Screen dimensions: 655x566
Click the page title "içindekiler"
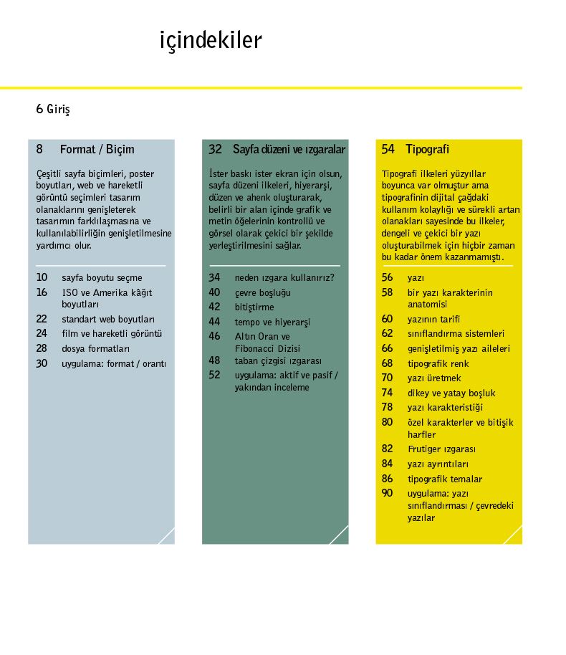pyautogui.click(x=211, y=41)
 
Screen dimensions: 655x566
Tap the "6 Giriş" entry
pyautogui.click(x=53, y=110)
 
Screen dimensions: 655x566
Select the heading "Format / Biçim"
pyautogui.click(x=97, y=150)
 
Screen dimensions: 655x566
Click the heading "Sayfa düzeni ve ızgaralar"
pyautogui.click(x=289, y=150)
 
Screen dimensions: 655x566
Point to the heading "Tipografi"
pyautogui.click(x=427, y=150)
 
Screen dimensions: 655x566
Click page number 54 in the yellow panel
pyautogui.click(x=388, y=150)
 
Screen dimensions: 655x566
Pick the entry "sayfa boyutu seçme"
pyautogui.click(x=102, y=277)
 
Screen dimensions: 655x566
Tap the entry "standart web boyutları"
pyautogui.click(x=108, y=319)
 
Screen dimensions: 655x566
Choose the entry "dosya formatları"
pyautogui.click(x=95, y=348)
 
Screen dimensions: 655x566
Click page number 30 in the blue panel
pyautogui.click(x=42, y=363)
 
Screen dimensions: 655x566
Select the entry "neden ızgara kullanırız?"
pyautogui.click(x=284, y=277)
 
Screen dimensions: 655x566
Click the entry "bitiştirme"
pyautogui.click(x=254, y=307)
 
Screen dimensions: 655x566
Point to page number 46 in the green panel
pyautogui.click(x=215, y=336)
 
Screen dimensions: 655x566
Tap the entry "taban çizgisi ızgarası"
pyautogui.click(x=278, y=360)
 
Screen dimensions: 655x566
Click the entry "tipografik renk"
pyautogui.click(x=438, y=363)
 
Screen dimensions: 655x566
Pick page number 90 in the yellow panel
pyautogui.click(x=388, y=493)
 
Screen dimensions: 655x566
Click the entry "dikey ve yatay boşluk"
pyautogui.click(x=451, y=393)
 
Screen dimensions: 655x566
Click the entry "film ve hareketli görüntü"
pyautogui.click(x=112, y=333)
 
